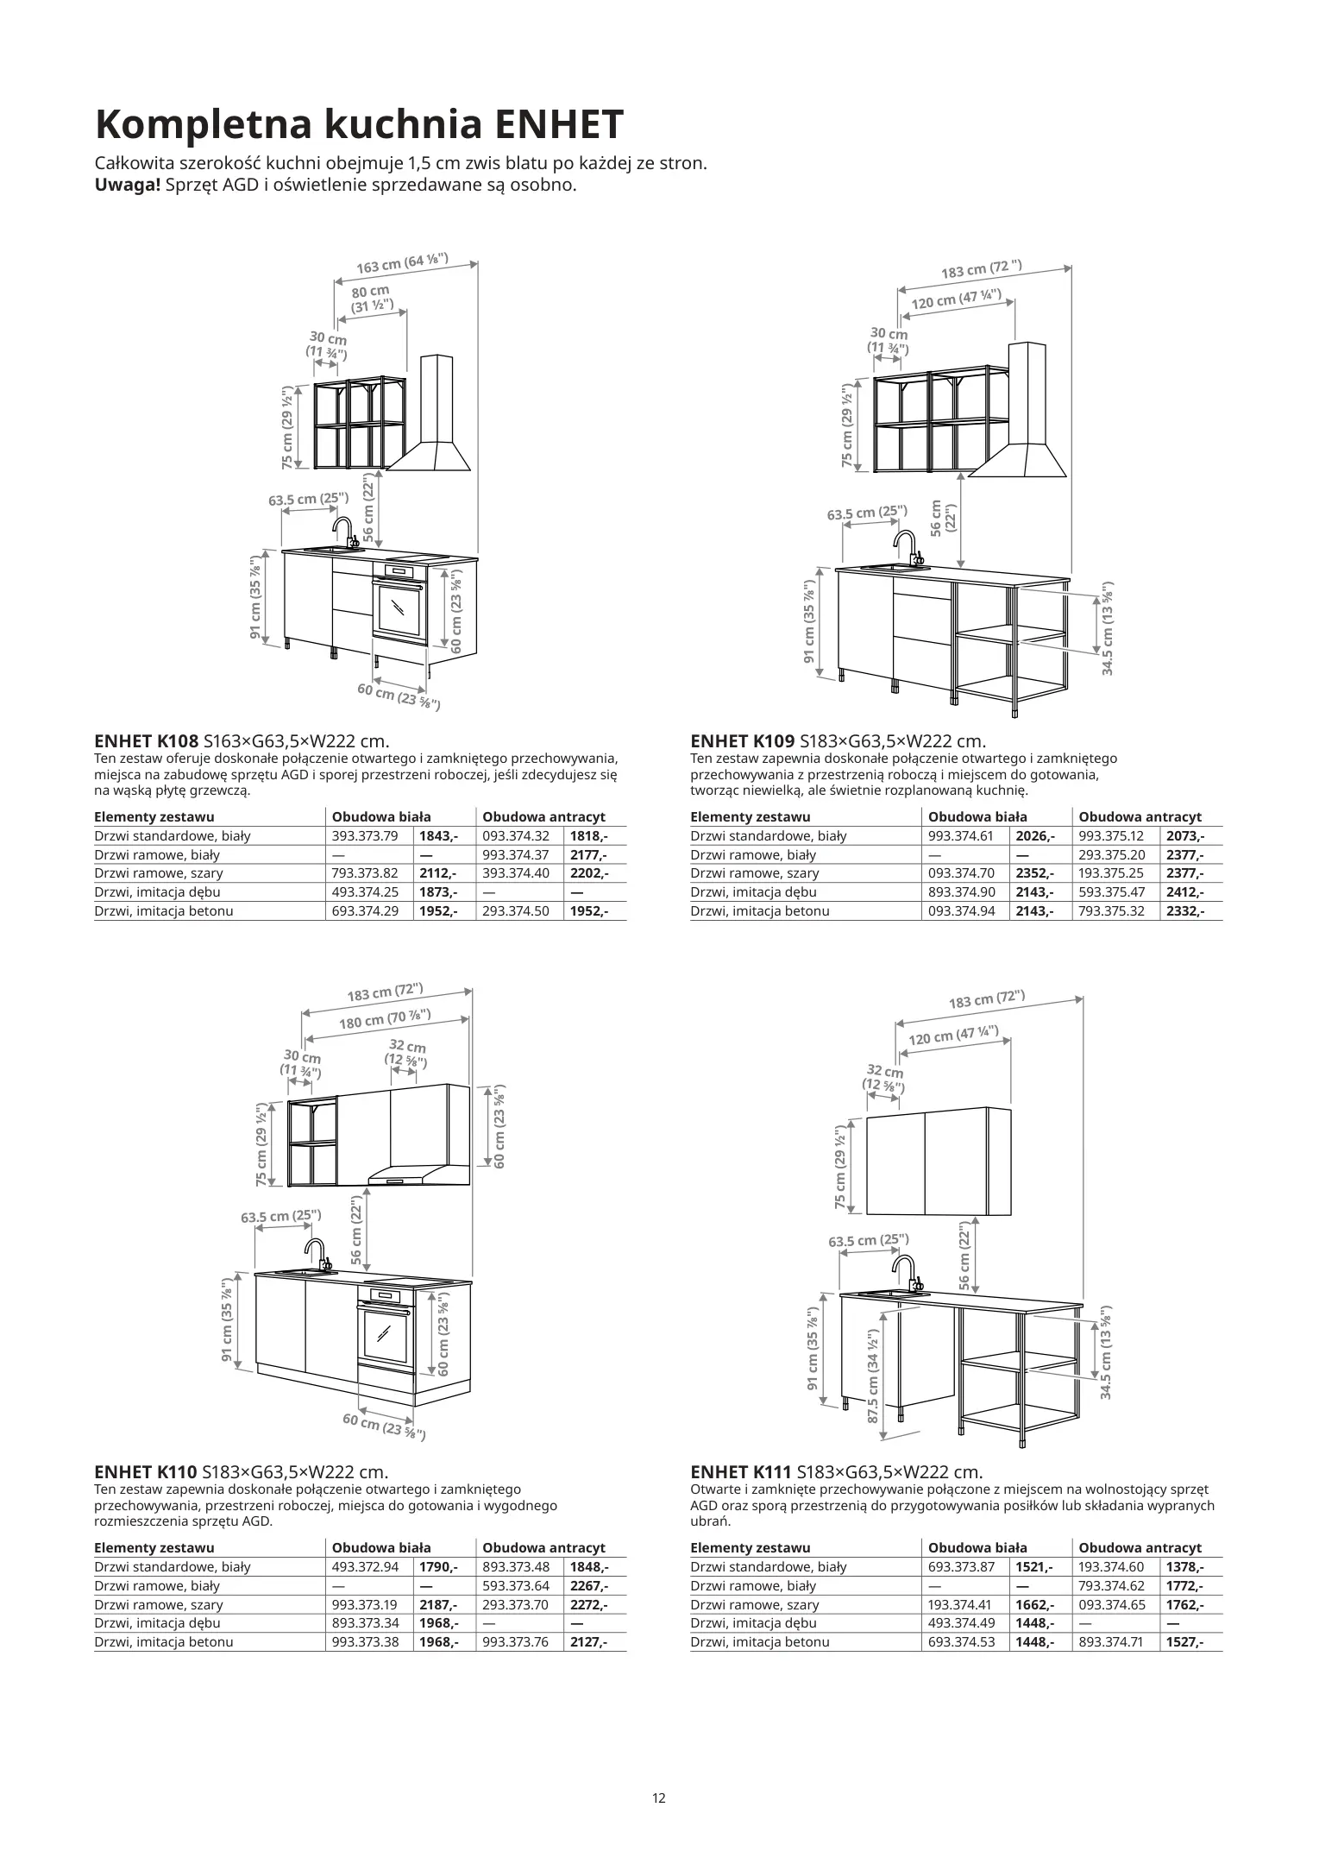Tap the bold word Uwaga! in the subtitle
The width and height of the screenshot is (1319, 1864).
tap(127, 185)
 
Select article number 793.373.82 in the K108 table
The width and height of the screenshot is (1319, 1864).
tap(365, 873)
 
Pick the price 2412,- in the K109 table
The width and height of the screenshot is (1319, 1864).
tap(1184, 892)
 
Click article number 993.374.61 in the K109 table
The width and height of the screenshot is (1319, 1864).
tap(961, 836)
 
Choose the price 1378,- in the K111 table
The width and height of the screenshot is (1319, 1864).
tap(1184, 1567)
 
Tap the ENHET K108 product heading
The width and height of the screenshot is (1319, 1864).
tap(146, 741)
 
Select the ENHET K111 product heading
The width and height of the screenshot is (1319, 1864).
tap(742, 1472)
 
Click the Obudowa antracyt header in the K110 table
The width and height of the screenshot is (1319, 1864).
tap(543, 1548)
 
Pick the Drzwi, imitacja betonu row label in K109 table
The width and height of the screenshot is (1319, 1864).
tap(760, 911)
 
